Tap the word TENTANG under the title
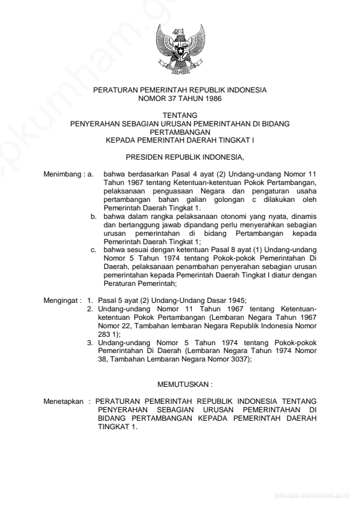(x=180, y=115)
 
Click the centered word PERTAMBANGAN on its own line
(x=180, y=131)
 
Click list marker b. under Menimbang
(x=94, y=215)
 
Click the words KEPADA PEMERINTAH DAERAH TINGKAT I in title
(x=180, y=139)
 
